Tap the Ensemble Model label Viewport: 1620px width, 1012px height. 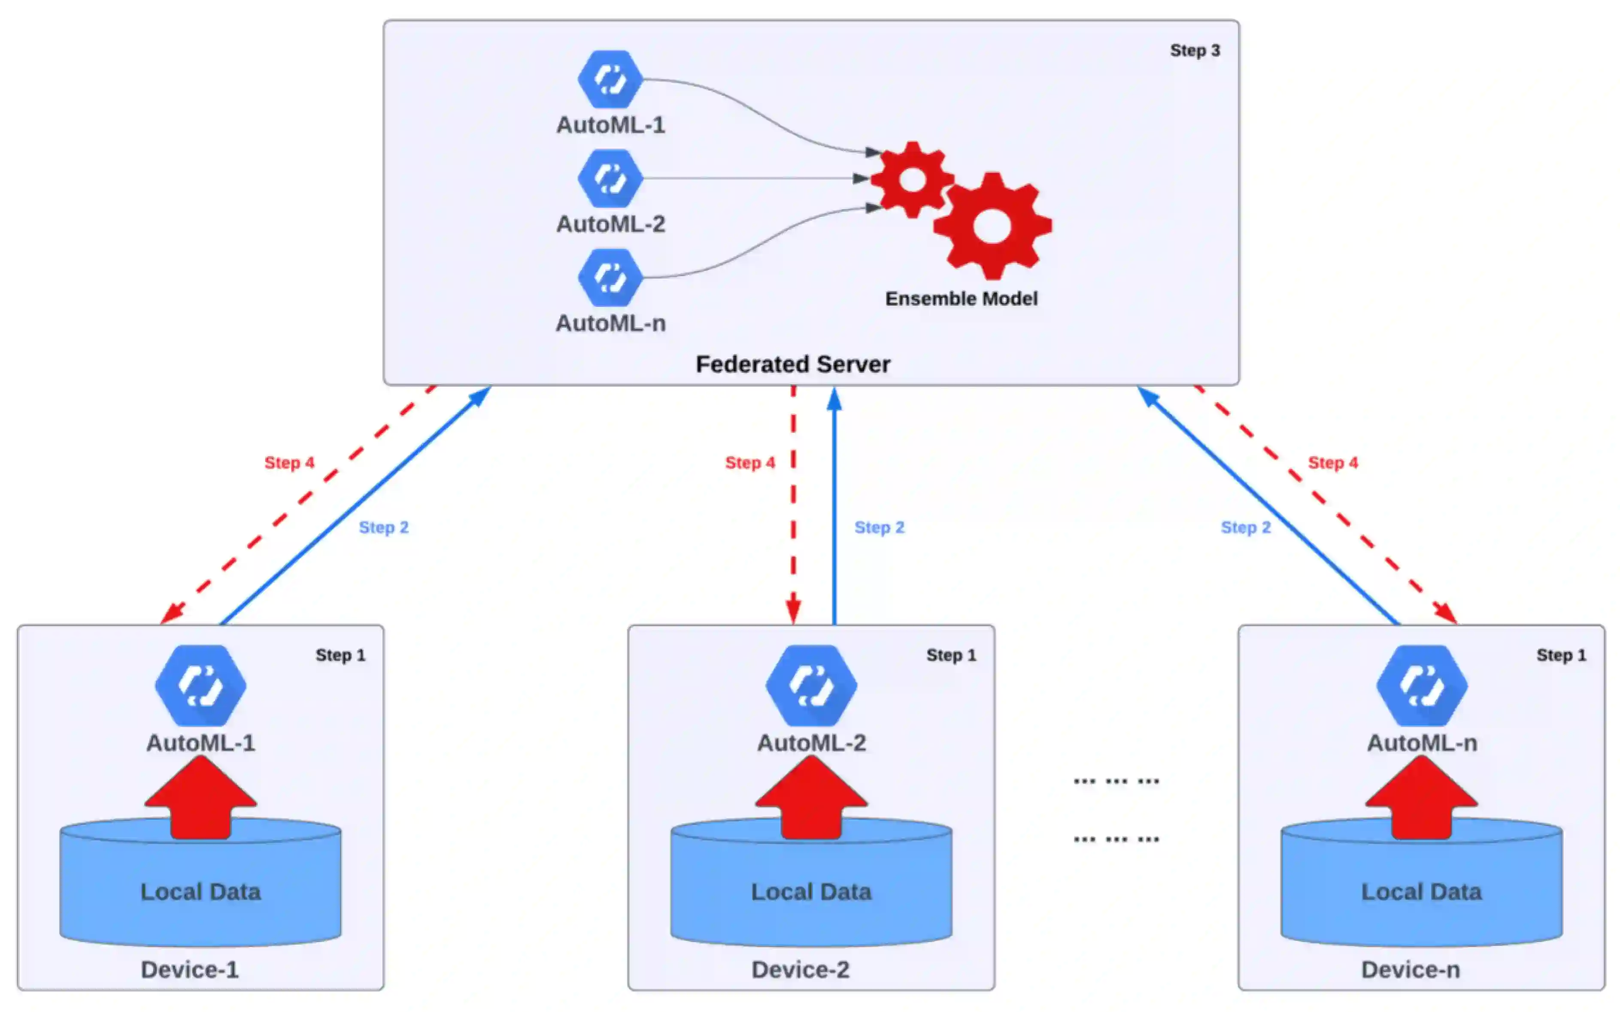click(961, 299)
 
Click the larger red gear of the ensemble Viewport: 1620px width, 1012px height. click(992, 226)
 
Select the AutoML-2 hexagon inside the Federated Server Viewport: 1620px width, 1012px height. click(610, 179)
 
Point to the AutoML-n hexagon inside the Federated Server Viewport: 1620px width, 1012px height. click(610, 277)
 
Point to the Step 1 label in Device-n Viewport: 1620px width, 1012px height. click(1561, 655)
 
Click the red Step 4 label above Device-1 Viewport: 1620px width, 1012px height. click(289, 463)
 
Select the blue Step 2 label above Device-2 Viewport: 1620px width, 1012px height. click(879, 527)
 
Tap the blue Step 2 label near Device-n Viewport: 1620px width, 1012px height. click(1245, 527)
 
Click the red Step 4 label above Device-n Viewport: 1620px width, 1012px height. click(1333, 463)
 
